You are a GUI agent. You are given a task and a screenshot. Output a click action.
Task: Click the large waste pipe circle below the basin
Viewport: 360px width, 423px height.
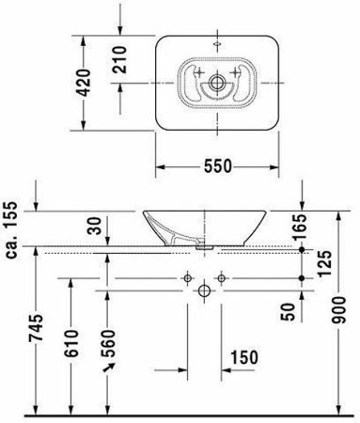[204, 291]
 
